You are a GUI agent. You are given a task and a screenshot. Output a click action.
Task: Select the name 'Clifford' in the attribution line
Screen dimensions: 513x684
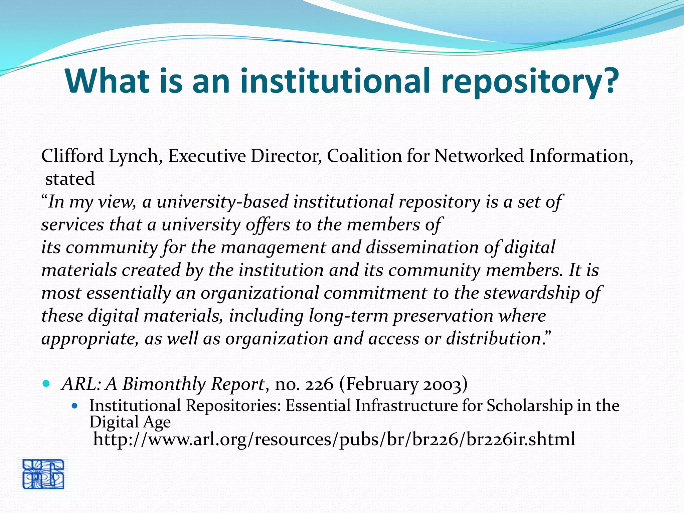(72, 156)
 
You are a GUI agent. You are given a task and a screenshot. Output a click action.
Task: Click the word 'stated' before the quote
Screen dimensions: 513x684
(70, 179)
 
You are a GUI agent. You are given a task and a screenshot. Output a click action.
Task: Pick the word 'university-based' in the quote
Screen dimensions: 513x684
(222, 202)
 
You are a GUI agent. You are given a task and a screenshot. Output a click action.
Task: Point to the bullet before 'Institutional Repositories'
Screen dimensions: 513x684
(75, 406)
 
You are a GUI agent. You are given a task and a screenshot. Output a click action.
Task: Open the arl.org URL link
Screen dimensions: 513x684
(334, 439)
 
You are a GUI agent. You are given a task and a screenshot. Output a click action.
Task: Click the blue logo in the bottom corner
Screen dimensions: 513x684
(43, 474)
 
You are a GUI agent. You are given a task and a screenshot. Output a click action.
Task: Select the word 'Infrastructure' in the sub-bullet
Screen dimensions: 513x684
(406, 406)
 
